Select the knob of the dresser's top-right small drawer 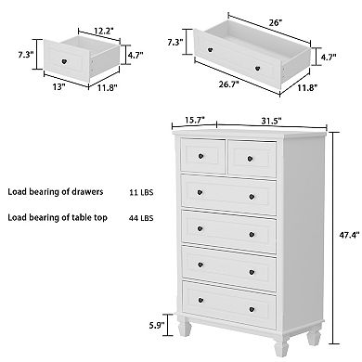(252, 156)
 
